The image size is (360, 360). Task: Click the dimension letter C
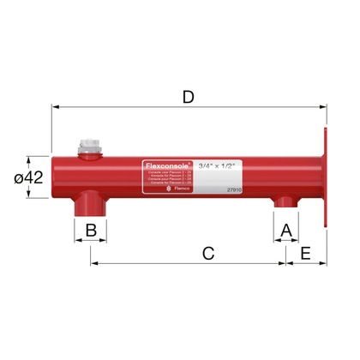point(207,253)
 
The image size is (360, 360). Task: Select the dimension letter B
point(90,230)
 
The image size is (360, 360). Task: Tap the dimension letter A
point(286,230)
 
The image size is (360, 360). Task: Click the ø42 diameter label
point(29,177)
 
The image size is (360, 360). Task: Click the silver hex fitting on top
point(89,146)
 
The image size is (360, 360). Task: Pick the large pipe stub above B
point(89,206)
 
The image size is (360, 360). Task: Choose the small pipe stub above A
point(285,202)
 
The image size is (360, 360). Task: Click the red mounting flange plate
point(326,177)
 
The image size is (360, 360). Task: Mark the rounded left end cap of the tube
point(57,177)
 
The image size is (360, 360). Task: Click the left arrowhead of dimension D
point(57,107)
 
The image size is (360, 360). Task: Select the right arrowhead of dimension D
point(323,107)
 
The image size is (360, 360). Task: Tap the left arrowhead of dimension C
point(93,263)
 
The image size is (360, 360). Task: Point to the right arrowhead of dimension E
point(324,263)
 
